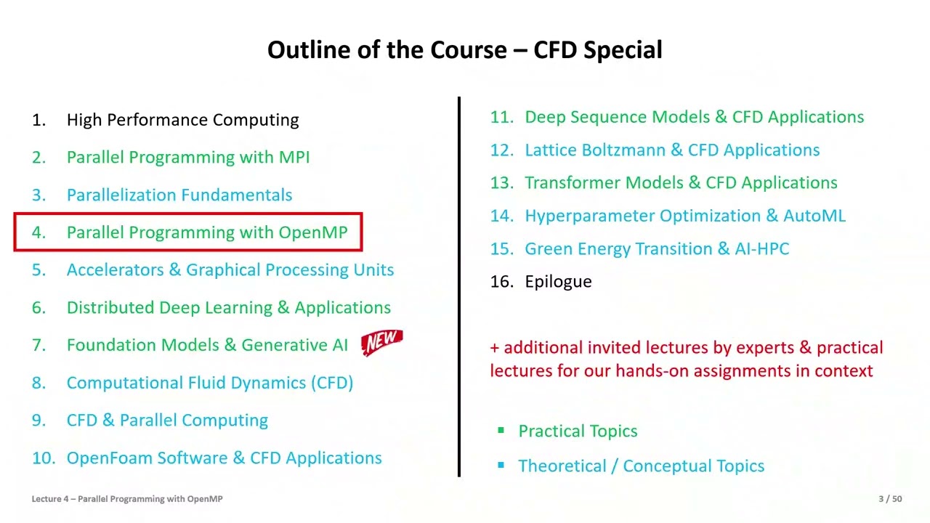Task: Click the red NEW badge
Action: (x=382, y=341)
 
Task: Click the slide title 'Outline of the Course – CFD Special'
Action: (x=465, y=50)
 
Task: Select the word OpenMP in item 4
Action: (x=313, y=232)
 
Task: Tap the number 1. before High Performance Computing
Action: (x=39, y=120)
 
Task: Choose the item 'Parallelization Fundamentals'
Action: (x=179, y=195)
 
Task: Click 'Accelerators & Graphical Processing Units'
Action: (x=230, y=270)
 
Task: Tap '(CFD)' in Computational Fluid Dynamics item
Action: (x=331, y=383)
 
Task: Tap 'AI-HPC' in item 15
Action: (x=761, y=249)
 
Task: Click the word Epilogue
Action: (x=558, y=282)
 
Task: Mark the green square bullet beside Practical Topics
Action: (x=501, y=431)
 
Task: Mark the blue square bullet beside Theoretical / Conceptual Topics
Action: (x=501, y=466)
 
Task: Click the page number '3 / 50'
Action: (x=890, y=499)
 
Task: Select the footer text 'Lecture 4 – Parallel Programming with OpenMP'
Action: (x=127, y=499)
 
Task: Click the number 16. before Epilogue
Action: (x=501, y=282)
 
